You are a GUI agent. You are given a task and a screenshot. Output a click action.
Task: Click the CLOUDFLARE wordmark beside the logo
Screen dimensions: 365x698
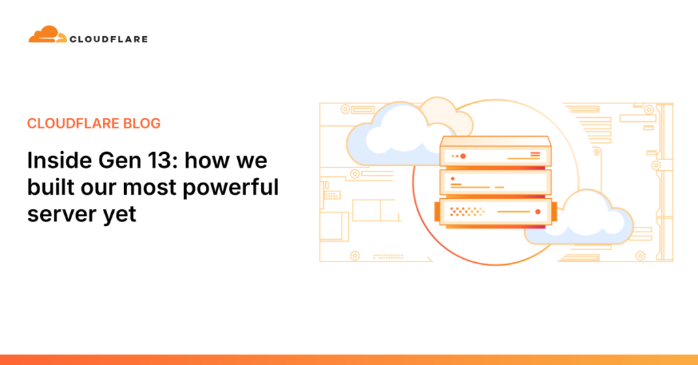[108, 39]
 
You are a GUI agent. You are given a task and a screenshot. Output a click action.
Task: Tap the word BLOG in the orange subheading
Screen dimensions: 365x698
[142, 123]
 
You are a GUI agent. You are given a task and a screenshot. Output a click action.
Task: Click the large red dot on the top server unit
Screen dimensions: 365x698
[463, 156]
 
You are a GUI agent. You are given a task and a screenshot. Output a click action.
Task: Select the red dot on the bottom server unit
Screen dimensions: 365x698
[538, 212]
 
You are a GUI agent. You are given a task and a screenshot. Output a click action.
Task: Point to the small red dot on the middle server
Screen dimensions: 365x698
[452, 178]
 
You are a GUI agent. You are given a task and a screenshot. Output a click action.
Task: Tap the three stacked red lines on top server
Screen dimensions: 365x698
[535, 156]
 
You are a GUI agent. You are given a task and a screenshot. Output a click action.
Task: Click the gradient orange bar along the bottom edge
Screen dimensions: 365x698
[349, 360]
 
